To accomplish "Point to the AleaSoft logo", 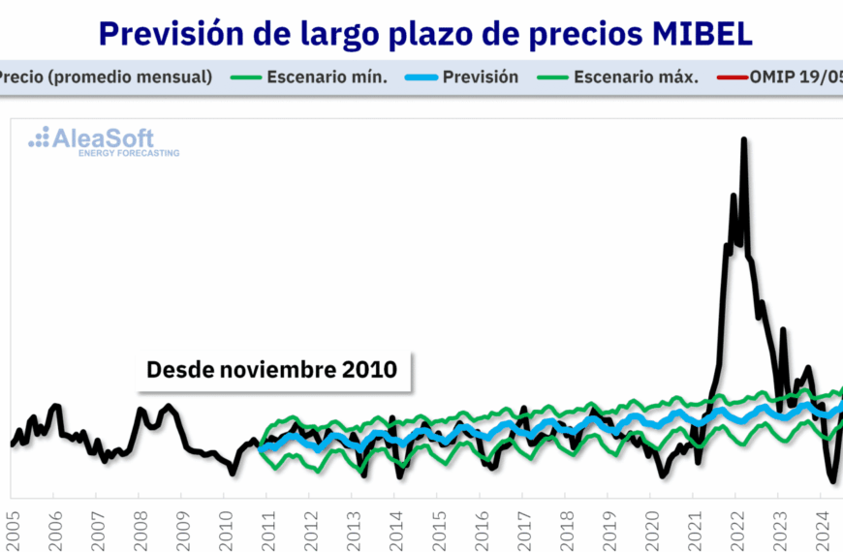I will click(104, 141).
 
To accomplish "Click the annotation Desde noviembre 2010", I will click(271, 370).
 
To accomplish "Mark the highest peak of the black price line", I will click(743, 139).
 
